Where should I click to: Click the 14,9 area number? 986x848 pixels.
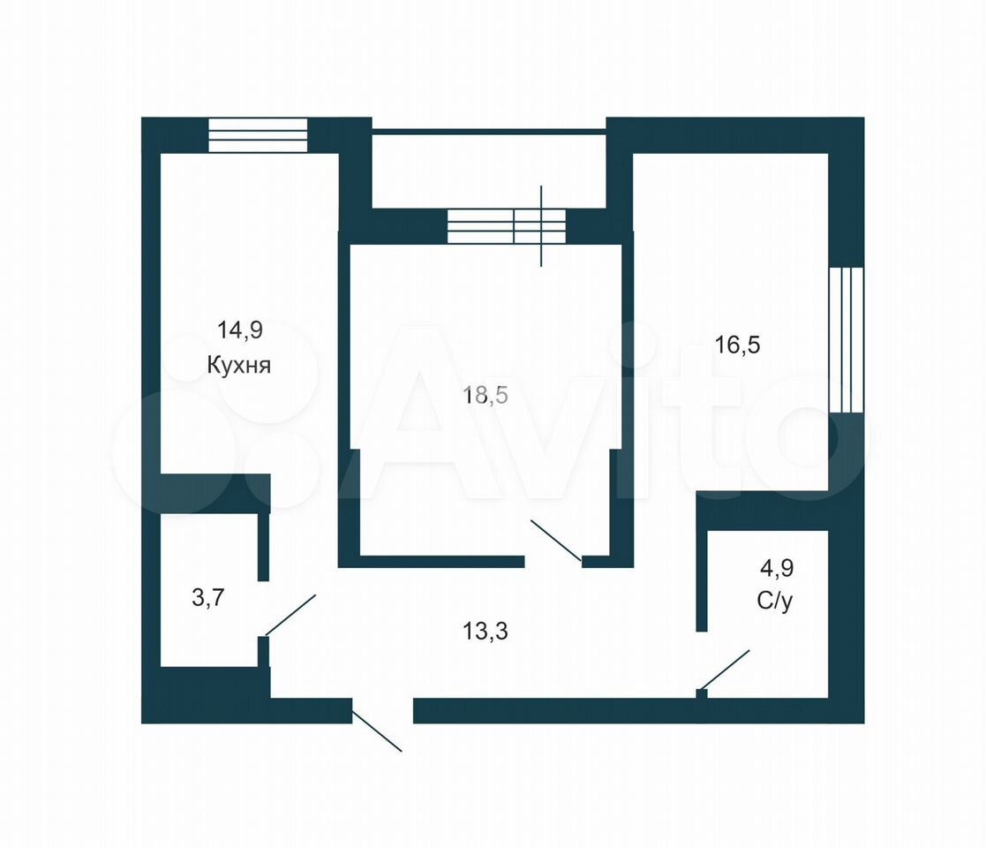tap(239, 330)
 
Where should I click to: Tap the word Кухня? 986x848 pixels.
tap(239, 365)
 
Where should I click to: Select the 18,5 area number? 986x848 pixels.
tap(485, 396)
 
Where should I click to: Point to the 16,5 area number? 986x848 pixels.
tap(738, 345)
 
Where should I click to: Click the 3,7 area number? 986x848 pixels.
tap(207, 598)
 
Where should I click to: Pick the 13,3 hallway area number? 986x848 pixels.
tap(485, 631)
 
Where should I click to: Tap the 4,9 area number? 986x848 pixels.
tap(777, 569)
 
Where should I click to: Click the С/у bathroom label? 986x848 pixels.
tap(775, 602)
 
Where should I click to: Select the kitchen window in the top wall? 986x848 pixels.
tap(258, 134)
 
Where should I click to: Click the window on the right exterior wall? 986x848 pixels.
tap(846, 340)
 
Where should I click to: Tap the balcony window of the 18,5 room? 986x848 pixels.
tap(506, 226)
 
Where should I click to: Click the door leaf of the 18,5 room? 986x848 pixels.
tap(556, 539)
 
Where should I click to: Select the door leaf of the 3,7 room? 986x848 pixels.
tap(290, 615)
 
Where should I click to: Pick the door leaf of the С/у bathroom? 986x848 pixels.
tap(725, 670)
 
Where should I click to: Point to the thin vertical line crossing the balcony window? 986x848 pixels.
tap(541, 226)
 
